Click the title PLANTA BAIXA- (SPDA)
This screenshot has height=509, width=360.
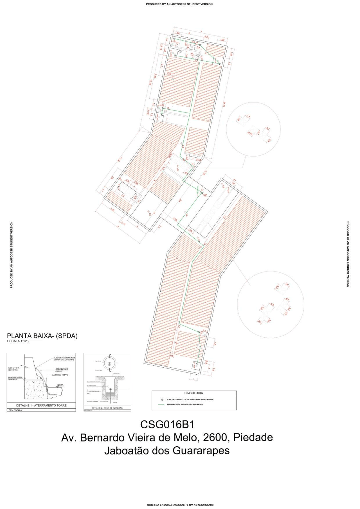(x=42, y=336)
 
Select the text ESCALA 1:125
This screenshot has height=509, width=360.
(x=18, y=341)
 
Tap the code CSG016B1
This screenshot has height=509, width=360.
(x=167, y=424)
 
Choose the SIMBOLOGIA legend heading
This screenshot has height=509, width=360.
(x=193, y=393)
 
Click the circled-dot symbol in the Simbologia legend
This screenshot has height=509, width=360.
(x=162, y=399)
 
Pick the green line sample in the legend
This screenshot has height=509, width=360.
(x=161, y=404)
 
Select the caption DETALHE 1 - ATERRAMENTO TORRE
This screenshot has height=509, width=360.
(x=41, y=405)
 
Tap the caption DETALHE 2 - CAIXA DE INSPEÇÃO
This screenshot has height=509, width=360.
(x=107, y=408)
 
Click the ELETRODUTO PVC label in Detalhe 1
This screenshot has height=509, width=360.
(x=60, y=375)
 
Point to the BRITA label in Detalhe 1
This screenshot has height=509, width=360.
(x=60, y=385)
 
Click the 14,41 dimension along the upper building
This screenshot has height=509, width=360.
(x=224, y=104)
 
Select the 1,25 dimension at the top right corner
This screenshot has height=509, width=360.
(x=222, y=40)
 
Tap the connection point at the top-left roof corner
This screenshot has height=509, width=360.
(x=174, y=39)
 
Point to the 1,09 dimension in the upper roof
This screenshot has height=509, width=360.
(x=169, y=74)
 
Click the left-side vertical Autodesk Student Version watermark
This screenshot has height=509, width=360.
(x=12, y=255)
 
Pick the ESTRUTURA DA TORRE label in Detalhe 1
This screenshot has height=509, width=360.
(x=14, y=369)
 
